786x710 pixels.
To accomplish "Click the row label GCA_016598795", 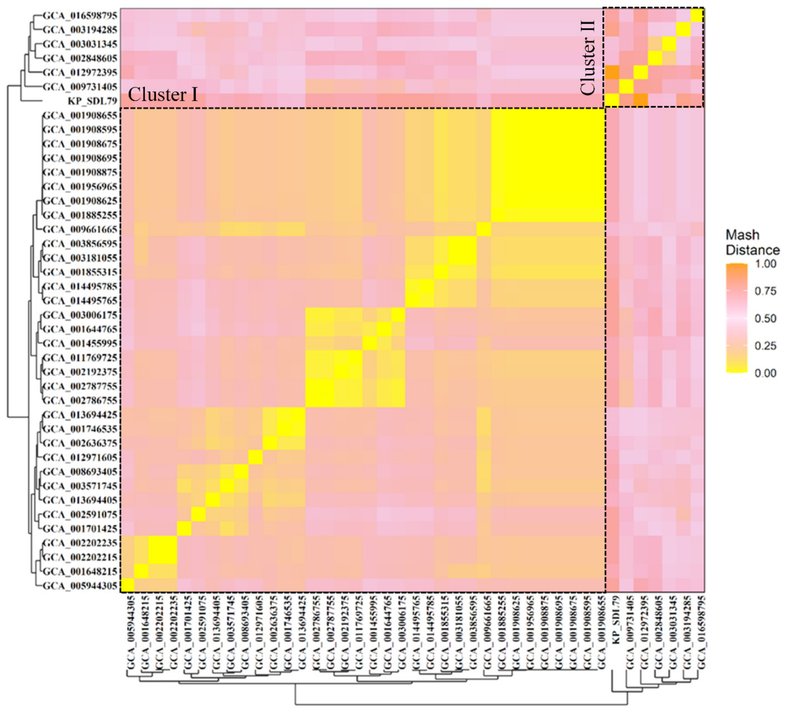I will pos(80,16).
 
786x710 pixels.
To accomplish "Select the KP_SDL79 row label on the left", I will pos(92,101).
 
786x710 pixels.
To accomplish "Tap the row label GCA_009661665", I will pos(80,229).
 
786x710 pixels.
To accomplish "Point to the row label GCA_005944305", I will pos(80,586).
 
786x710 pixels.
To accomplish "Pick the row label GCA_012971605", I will pos(80,457).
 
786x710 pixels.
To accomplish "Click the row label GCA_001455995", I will pos(80,343).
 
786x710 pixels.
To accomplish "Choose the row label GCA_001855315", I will pos(80,272).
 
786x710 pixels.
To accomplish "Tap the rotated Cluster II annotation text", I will pos(588,58).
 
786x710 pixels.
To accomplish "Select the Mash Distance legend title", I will pos(752,242).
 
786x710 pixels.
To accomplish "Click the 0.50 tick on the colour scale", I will pos(765,318).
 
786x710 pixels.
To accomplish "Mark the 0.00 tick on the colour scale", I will pos(765,373).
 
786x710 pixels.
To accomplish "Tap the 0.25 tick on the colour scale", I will pos(765,346).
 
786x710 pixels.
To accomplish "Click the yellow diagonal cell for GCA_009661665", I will pos(484,229).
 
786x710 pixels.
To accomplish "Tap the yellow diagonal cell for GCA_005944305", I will pos(127,586).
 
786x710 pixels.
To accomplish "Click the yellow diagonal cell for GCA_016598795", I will pos(697,16).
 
